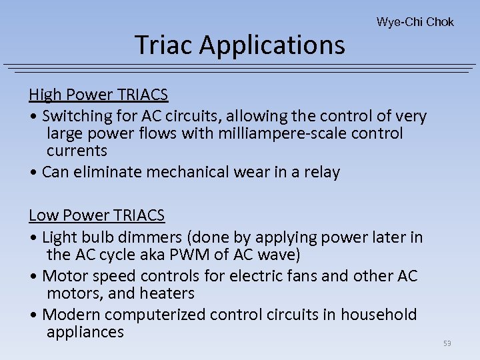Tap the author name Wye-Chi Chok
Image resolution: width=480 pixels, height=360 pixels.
point(415,22)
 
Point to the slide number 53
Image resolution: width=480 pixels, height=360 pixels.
point(447,343)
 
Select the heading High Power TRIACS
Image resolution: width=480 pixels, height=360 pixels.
point(98,95)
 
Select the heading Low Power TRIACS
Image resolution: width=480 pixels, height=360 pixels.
point(97,215)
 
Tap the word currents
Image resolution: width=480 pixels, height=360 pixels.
point(77,151)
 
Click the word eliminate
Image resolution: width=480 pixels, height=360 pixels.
point(117,173)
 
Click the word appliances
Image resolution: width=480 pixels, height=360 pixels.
point(85,332)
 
